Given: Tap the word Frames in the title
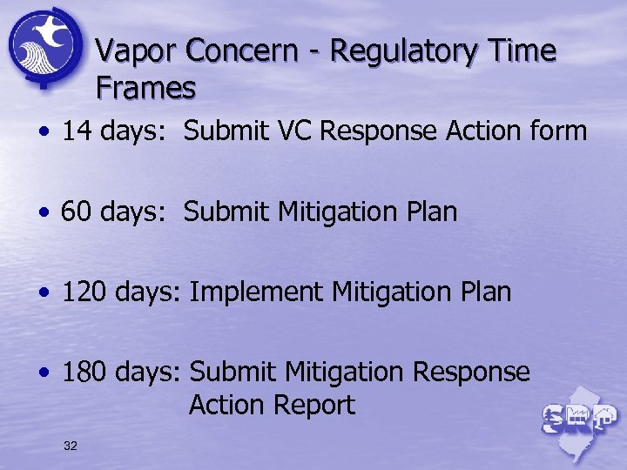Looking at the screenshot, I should pos(145,88).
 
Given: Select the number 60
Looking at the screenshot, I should pos(77,211).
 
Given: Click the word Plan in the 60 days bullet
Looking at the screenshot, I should pos(428,211).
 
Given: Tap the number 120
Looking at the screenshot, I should pos(85,292).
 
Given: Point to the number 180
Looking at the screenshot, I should pos(85,372).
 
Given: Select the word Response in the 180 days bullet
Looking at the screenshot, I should pos(471,372).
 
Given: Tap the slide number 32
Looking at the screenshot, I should pos(71,446).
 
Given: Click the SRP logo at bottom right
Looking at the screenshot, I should pos(577,419).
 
